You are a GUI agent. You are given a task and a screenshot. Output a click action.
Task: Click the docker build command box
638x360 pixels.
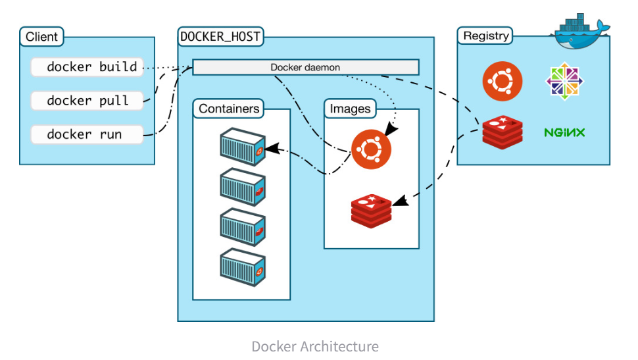[x=87, y=67]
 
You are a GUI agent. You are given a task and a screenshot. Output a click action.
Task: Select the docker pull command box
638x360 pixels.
[x=87, y=101]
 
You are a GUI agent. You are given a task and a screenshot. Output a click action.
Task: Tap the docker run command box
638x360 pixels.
[x=87, y=134]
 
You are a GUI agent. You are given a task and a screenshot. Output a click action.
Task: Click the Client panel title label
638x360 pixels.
[x=41, y=37]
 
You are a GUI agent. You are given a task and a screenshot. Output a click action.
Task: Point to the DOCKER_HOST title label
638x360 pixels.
[x=220, y=37]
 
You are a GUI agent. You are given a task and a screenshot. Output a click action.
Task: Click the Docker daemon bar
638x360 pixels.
[x=305, y=67]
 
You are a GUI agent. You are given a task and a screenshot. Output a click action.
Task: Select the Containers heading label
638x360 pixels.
[x=229, y=109]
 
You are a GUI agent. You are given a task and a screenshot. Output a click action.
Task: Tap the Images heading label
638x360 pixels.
[x=350, y=109]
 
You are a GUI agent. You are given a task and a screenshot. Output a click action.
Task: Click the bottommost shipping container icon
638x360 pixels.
[x=242, y=266]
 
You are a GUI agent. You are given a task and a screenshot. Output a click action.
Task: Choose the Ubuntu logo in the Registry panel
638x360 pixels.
[x=503, y=82]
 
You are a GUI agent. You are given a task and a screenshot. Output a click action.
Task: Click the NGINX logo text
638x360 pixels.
[x=564, y=133]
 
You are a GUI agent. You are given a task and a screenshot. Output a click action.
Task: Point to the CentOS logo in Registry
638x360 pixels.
[x=565, y=82]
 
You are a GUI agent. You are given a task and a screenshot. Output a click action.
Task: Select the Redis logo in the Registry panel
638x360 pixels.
[x=502, y=132]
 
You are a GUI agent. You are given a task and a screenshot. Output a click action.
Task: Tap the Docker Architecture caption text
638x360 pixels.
[x=315, y=346]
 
